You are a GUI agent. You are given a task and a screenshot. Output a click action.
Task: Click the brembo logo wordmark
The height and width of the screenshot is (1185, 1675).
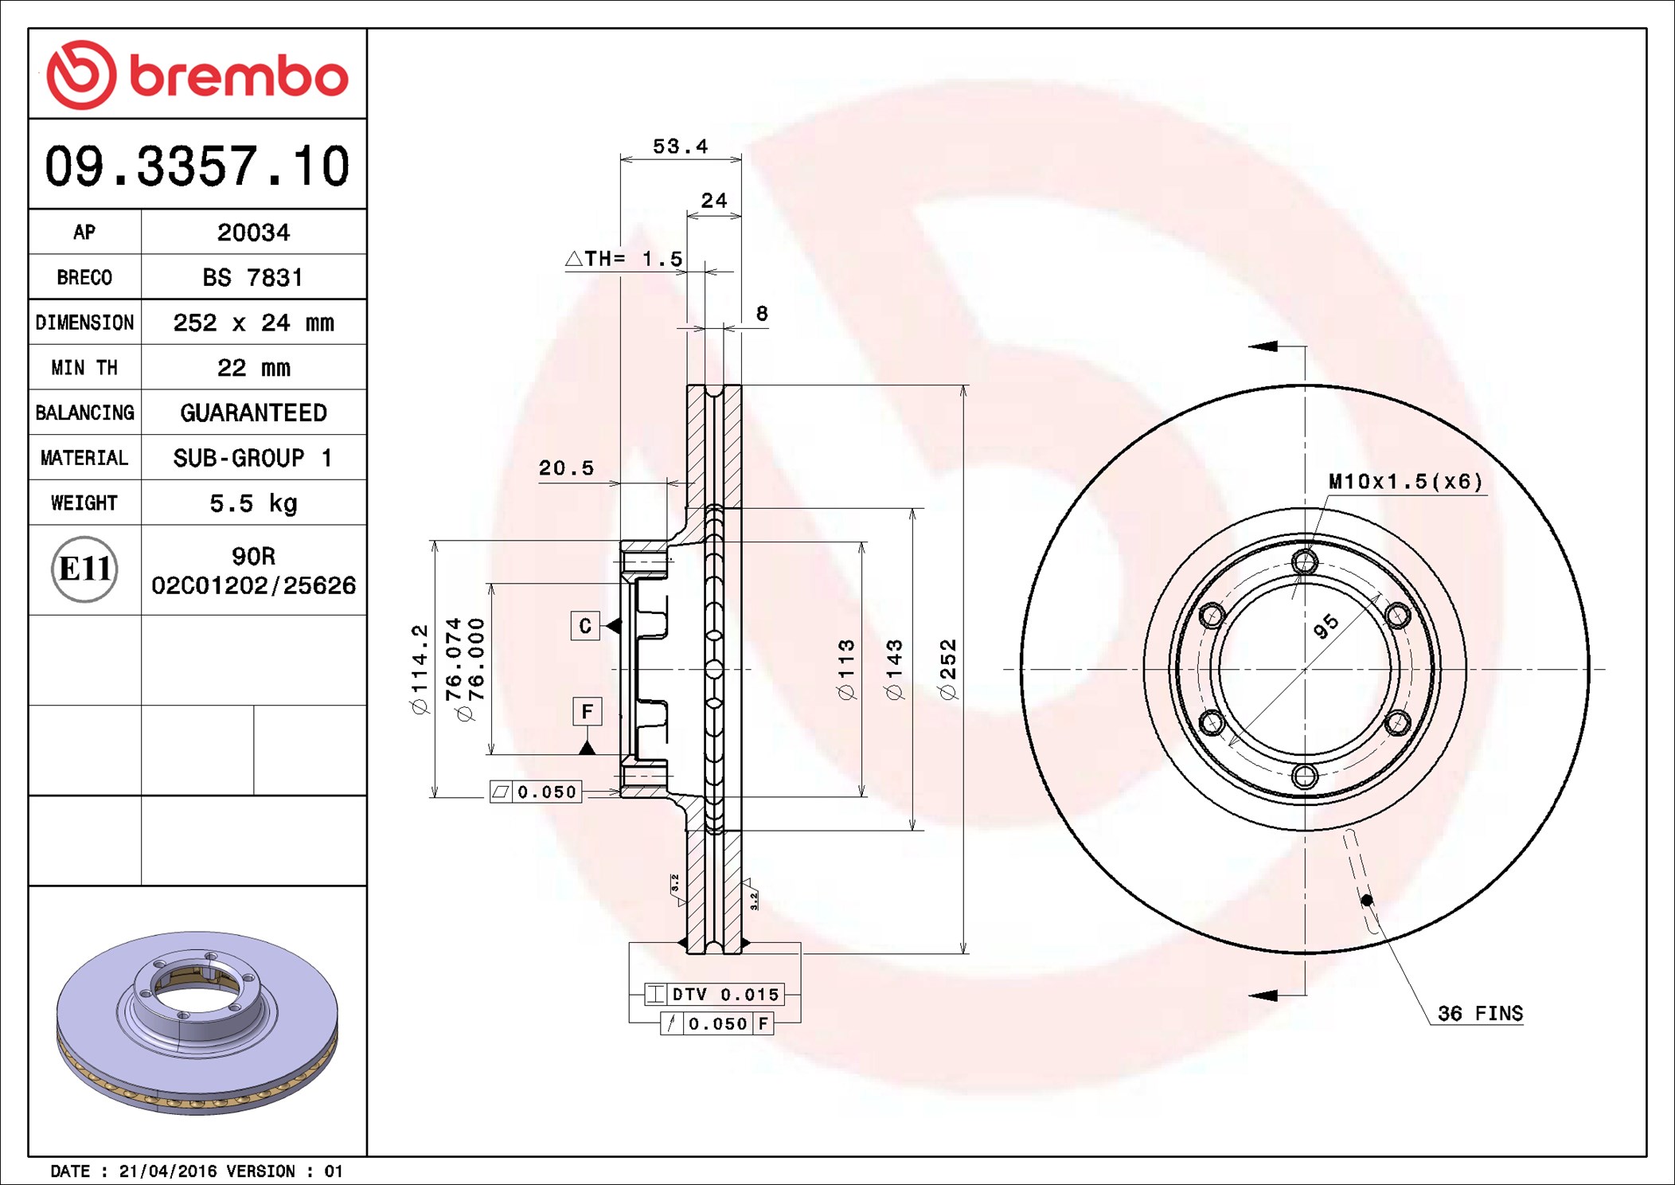pyautogui.click(x=239, y=76)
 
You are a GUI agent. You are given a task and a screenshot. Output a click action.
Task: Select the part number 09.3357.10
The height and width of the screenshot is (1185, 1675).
pyautogui.click(x=197, y=166)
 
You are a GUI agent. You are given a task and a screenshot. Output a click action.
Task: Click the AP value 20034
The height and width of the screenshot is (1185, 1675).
pyautogui.click(x=253, y=233)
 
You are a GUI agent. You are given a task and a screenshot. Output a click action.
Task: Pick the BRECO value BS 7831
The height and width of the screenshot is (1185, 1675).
pyautogui.click(x=252, y=277)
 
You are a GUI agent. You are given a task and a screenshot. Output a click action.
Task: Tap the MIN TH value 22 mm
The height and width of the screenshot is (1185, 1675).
pyautogui.click(x=253, y=367)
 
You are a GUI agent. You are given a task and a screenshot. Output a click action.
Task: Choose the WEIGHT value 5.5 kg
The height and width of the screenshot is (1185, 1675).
pyautogui.click(x=253, y=503)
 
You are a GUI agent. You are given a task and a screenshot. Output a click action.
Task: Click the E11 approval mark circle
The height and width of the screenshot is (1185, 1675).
pyautogui.click(x=84, y=569)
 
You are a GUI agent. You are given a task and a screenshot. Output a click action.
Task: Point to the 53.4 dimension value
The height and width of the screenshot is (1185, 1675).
pyautogui.click(x=680, y=147)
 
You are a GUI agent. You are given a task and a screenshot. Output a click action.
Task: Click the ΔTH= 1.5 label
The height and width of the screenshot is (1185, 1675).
pyautogui.click(x=623, y=259)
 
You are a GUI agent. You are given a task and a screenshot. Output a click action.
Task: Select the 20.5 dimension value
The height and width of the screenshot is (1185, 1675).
pyautogui.click(x=566, y=467)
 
